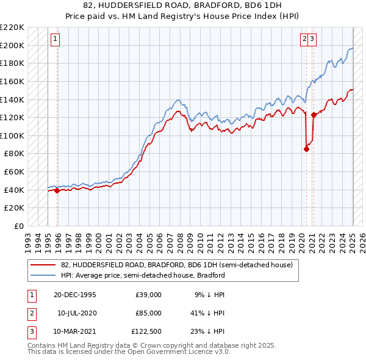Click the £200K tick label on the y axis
click(x=13, y=45)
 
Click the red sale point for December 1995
click(x=57, y=190)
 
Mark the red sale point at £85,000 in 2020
click(x=306, y=149)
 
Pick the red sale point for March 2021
click(x=314, y=115)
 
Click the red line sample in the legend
click(x=43, y=265)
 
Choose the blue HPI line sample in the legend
click(x=43, y=275)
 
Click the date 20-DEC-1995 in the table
click(x=75, y=295)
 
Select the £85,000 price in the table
click(x=149, y=313)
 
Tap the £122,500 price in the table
click(x=146, y=331)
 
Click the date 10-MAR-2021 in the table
click(x=75, y=331)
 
